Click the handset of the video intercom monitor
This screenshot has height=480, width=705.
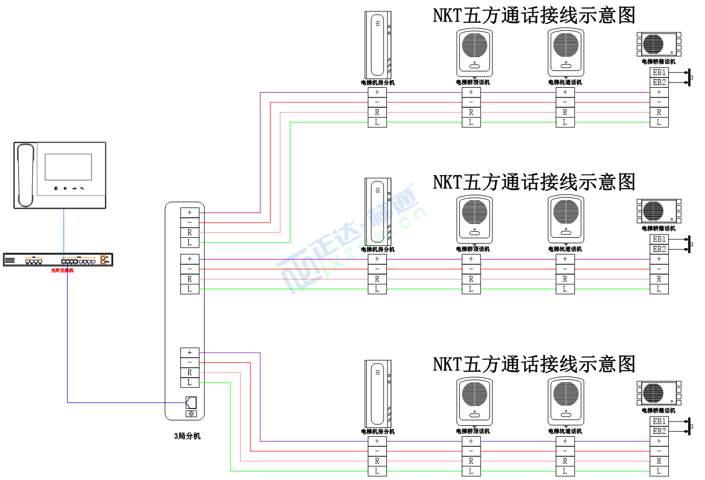pos(25,175)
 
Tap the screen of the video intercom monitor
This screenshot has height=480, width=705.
pos(68,167)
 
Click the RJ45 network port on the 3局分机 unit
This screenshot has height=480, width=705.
pos(190,403)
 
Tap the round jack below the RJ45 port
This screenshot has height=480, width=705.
pos(190,414)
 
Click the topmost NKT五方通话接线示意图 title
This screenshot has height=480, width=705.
pos(533,15)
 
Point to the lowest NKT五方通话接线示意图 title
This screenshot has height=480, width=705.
pos(533,364)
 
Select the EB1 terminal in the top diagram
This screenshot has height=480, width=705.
pos(659,73)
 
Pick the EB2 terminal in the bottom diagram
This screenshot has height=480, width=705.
pos(659,431)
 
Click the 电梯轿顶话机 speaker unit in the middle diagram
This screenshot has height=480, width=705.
pos(475,219)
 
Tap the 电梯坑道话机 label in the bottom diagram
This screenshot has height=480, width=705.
pos(565,431)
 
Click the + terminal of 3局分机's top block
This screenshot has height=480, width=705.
pos(189,213)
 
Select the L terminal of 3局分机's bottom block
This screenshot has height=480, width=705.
pos(189,382)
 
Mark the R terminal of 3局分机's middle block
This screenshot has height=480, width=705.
pos(189,279)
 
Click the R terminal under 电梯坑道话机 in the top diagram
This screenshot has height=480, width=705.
pos(565,112)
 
